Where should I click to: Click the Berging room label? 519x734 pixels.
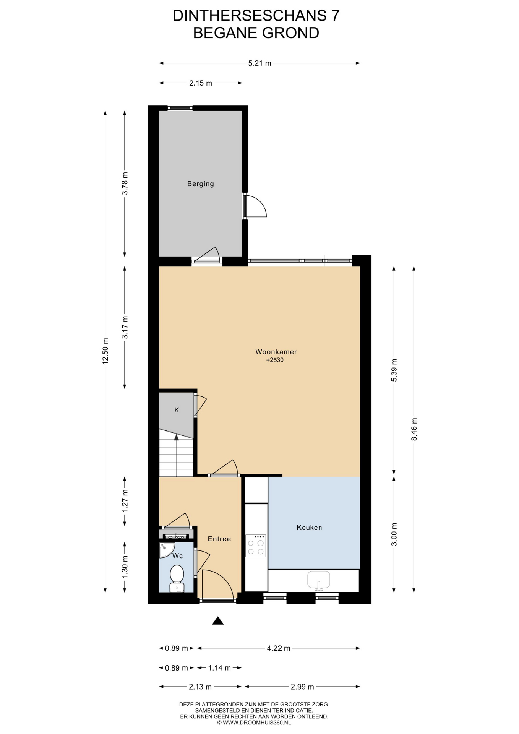point(200,184)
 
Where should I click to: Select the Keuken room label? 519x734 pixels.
point(309,528)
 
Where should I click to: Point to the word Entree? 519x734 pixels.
point(219,539)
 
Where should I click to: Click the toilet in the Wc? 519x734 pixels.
point(177,579)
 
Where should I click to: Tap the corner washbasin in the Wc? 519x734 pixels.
point(165,549)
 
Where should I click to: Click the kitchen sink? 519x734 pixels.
point(319,580)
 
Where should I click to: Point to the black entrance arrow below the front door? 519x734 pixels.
point(218,621)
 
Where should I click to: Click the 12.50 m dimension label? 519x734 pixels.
point(106,351)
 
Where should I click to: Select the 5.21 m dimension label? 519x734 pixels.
point(259,63)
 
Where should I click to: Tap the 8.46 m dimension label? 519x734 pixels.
point(414,429)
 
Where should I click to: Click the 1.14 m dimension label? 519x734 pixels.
point(219,668)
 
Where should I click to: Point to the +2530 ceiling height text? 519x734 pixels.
point(275,360)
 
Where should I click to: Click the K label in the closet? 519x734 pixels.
point(177,410)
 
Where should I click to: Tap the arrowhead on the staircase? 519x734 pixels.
point(176,437)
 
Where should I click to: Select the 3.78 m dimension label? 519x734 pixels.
point(125,183)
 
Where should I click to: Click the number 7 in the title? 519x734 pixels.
point(335,16)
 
